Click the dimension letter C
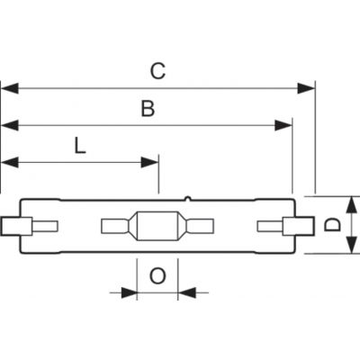coord(157,71)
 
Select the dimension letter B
coord(148,109)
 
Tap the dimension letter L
coord(80,146)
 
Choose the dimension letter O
coord(157,276)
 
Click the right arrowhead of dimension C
coord(306,88)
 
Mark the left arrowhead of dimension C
coord(10,88)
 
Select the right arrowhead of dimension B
coord(283,125)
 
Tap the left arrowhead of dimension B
coord(10,125)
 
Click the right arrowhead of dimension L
coord(149,163)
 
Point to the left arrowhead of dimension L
coord(10,163)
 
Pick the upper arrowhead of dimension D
coord(351,205)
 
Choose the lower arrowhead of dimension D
coord(351,245)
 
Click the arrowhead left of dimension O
coord(129,292)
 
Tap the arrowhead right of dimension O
coord(186,292)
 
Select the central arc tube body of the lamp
coord(157,226)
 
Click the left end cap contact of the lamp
coord(16,226)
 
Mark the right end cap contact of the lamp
coord(299,226)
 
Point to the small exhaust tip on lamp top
coord(187,198)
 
